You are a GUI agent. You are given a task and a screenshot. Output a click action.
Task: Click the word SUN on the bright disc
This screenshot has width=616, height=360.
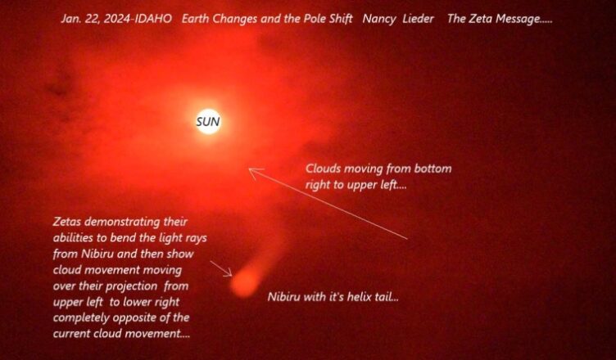208,122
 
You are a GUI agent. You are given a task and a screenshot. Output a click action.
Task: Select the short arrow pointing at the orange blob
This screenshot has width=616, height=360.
221,268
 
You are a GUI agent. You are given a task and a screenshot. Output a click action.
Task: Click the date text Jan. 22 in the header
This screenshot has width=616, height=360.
79,20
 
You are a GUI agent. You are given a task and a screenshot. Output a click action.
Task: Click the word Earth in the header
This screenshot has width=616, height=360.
195,19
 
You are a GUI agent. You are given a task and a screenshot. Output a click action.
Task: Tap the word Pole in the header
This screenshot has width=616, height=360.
311,19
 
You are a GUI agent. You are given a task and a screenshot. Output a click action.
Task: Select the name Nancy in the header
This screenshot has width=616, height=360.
378,20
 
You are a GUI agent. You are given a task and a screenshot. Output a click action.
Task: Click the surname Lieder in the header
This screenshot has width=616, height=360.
419,19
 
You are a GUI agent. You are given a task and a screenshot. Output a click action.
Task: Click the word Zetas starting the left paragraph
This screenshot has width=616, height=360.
67,222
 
